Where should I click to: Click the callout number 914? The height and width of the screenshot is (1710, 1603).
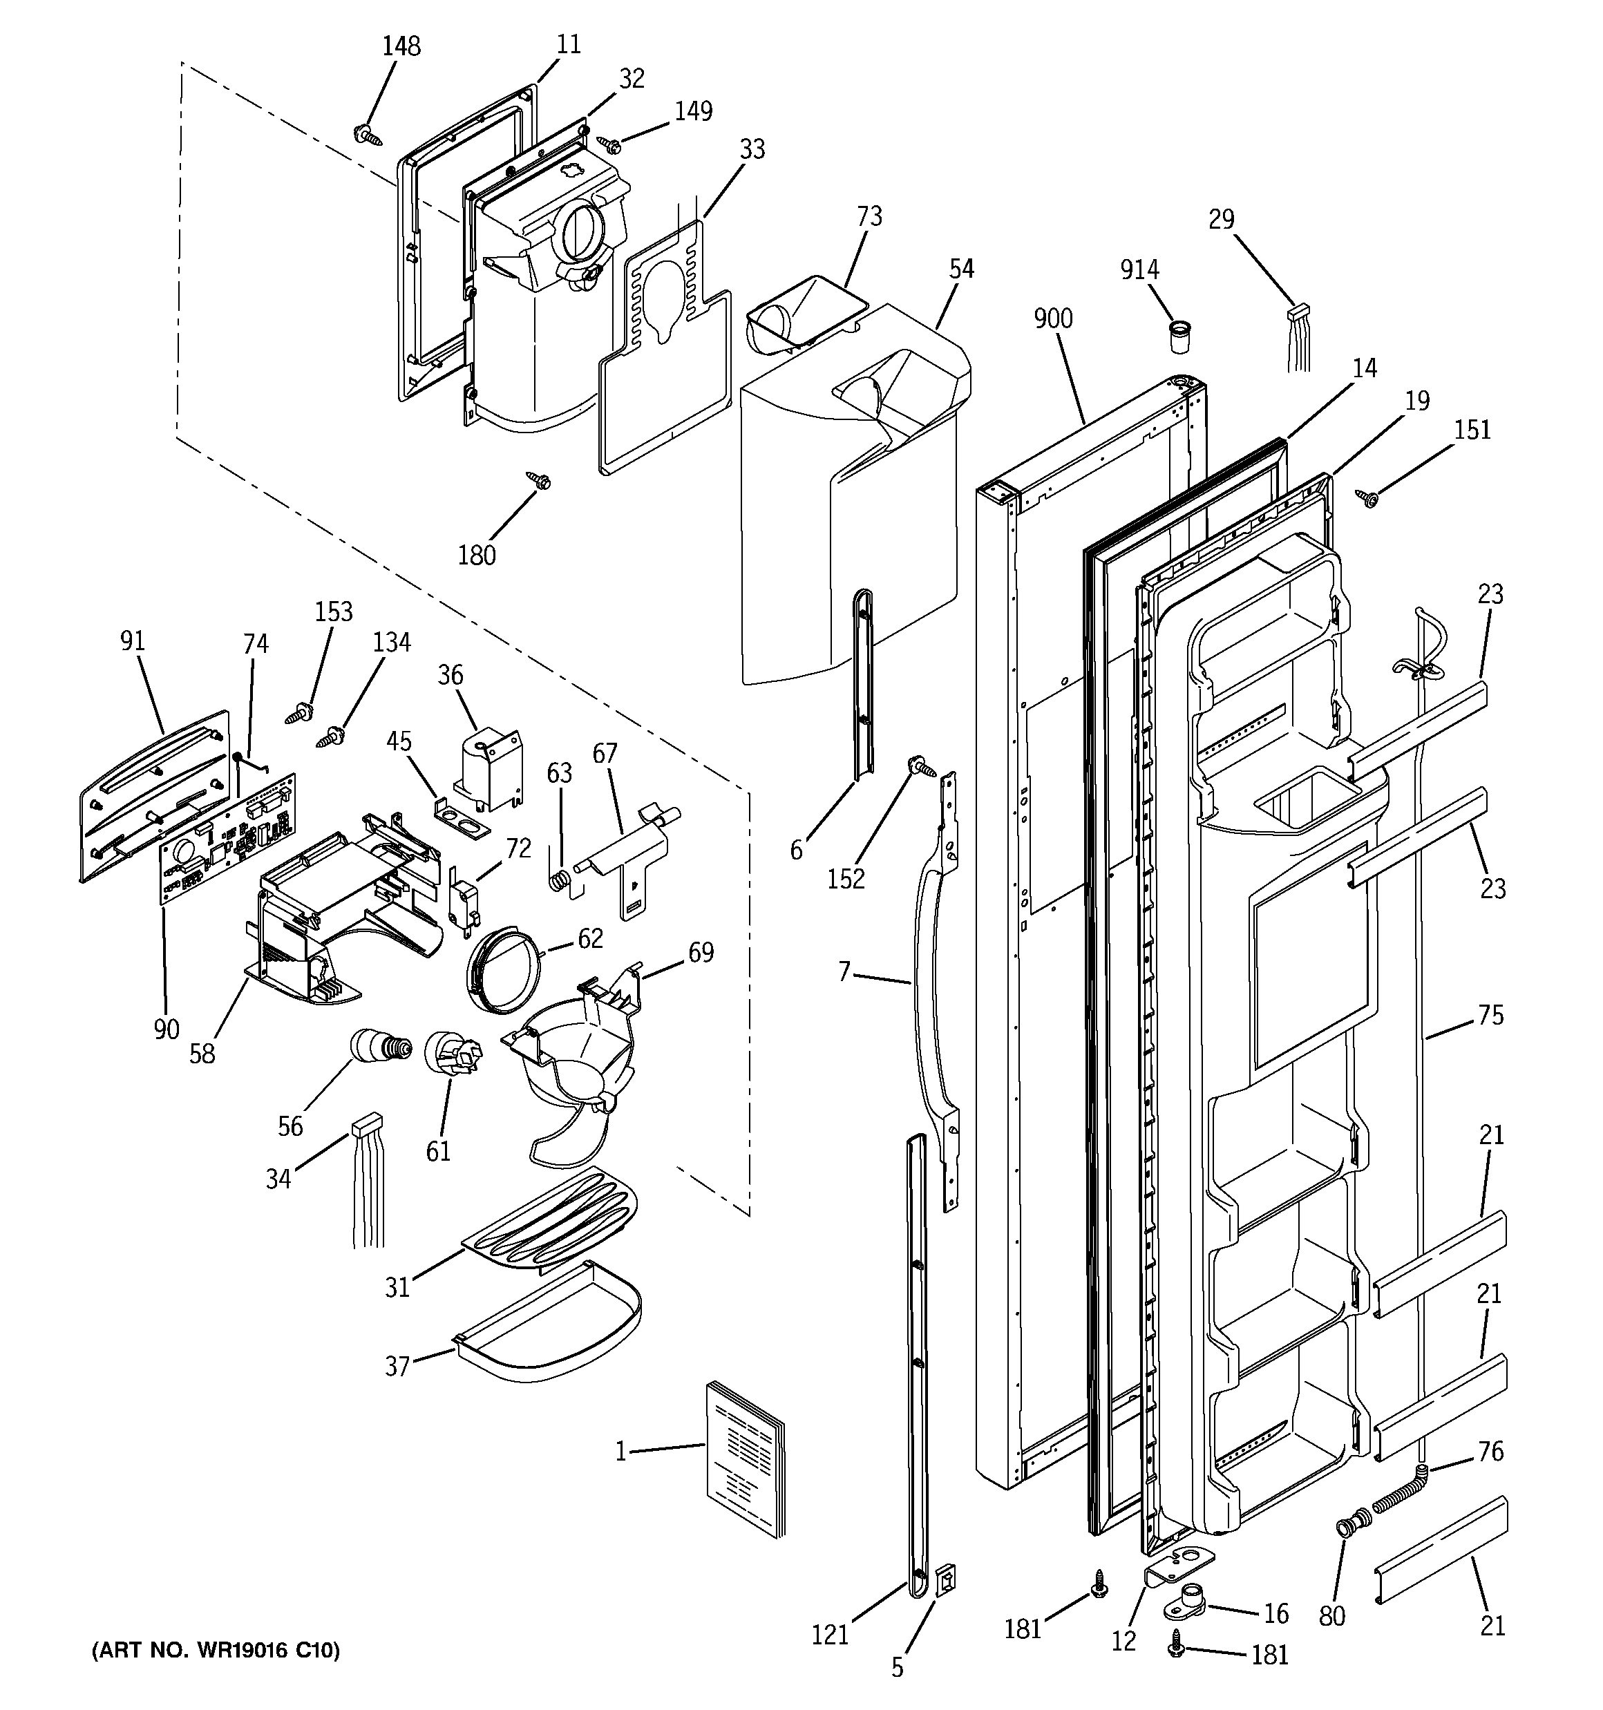click(1139, 270)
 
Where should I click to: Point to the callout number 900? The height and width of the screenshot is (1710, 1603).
click(1053, 319)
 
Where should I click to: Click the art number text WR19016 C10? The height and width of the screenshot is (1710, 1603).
click(216, 1651)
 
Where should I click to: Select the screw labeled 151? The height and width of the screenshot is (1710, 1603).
click(1367, 496)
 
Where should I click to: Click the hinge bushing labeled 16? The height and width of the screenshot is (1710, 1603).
click(1189, 1600)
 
